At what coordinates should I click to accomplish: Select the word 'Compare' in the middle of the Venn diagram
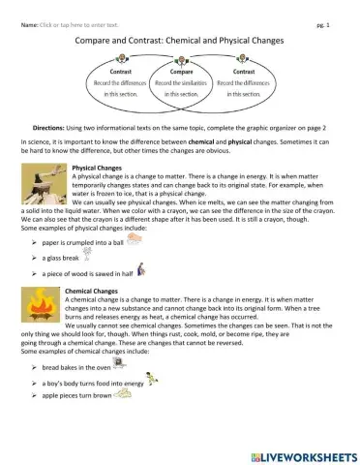click(181, 71)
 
